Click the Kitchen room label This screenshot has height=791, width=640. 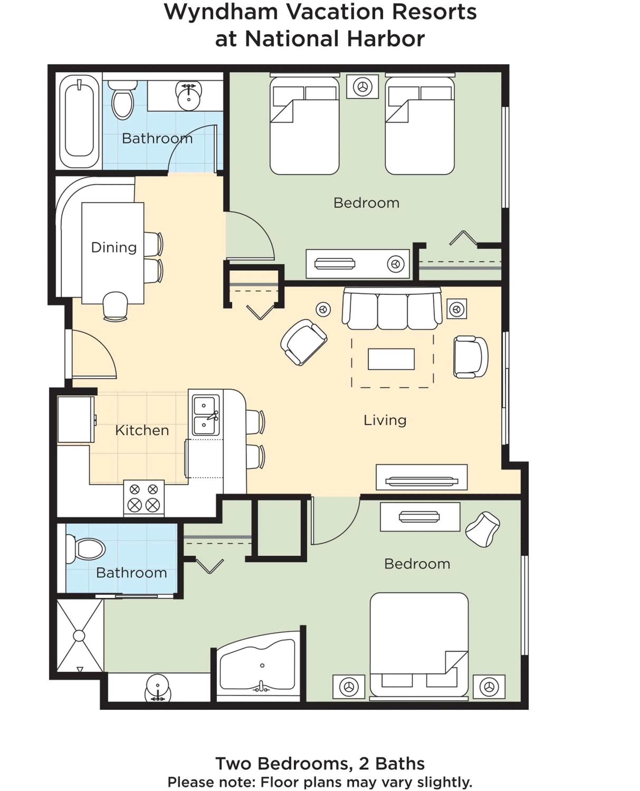tap(142, 430)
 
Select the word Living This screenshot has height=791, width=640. tap(385, 420)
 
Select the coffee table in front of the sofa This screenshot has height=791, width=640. tap(391, 359)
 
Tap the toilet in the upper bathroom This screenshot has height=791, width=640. tap(122, 100)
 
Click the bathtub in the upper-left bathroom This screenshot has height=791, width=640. tap(79, 121)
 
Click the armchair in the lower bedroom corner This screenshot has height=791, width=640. tap(482, 529)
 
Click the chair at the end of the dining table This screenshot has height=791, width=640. tap(115, 306)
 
